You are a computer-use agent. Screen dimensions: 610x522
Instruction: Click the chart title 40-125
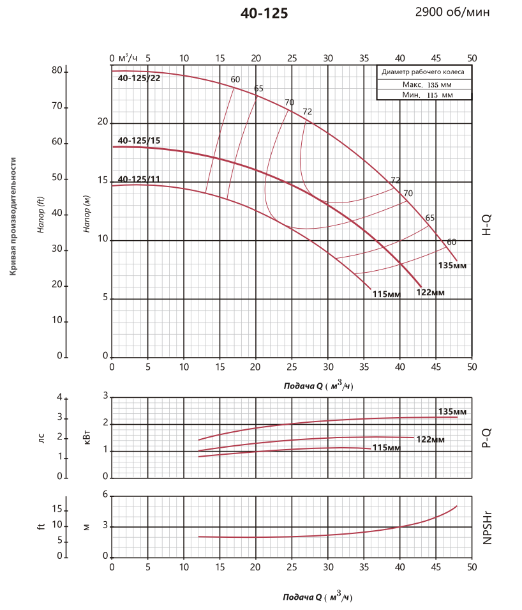pyautogui.click(x=264, y=13)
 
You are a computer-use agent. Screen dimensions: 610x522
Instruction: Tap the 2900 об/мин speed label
pyautogui.click(x=452, y=12)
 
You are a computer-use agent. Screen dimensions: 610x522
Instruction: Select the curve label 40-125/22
pyautogui.click(x=139, y=79)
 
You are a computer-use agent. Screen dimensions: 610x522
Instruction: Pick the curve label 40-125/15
pyautogui.click(x=138, y=141)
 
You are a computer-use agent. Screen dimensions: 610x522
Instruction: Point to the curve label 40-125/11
pyautogui.click(x=138, y=179)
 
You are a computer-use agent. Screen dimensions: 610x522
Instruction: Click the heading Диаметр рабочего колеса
pyautogui.click(x=423, y=72)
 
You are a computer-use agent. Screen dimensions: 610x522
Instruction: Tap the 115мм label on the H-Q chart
pyautogui.click(x=386, y=294)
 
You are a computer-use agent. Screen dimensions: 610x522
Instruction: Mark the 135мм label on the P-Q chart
pyautogui.click(x=452, y=411)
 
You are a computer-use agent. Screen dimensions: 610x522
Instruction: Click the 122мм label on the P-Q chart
pyautogui.click(x=430, y=439)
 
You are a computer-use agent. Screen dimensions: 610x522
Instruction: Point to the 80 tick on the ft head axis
pyautogui.click(x=57, y=70)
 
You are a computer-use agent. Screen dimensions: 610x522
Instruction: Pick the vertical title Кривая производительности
pyautogui.click(x=13, y=217)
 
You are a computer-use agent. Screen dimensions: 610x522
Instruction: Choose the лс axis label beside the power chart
pyautogui.click(x=41, y=438)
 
